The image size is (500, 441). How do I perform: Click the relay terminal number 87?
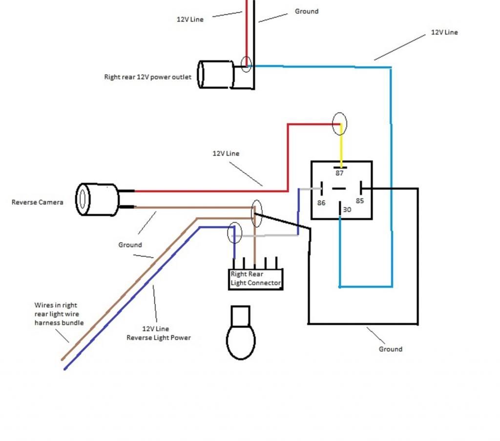339,173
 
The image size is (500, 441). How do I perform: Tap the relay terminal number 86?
321,203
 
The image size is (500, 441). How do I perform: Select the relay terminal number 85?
360,201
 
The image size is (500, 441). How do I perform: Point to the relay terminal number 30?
347,210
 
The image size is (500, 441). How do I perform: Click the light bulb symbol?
241,333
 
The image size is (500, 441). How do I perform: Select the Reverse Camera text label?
37,202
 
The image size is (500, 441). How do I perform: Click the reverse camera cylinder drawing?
97,199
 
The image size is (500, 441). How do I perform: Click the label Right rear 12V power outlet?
147,77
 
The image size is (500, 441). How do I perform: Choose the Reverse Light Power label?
159,337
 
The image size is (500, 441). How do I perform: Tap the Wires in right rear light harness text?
59,314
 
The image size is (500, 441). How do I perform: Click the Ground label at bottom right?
390,349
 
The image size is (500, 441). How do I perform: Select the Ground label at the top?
307,11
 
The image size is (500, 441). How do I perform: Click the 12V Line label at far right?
444,32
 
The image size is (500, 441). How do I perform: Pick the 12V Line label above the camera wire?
226,153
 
